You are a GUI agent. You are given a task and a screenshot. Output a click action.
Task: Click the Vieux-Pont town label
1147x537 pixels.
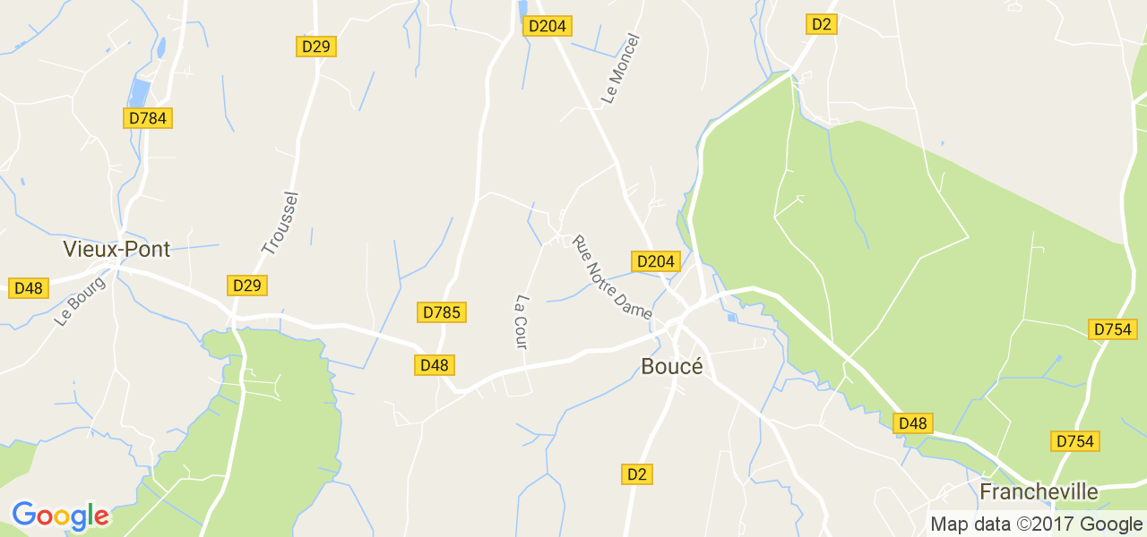(x=116, y=249)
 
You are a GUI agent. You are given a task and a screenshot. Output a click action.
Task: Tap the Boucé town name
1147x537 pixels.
(x=672, y=366)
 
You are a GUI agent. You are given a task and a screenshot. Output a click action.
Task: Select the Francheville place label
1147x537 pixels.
(x=1039, y=491)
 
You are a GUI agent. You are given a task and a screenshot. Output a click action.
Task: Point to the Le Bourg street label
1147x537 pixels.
(x=80, y=301)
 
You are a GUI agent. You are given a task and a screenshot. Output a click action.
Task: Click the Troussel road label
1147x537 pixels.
(x=280, y=224)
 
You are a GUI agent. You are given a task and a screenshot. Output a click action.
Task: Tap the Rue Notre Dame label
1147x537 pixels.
(x=612, y=277)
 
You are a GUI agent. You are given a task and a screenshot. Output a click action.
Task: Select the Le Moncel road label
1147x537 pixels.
(x=621, y=69)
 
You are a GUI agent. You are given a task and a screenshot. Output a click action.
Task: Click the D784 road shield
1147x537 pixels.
(x=146, y=117)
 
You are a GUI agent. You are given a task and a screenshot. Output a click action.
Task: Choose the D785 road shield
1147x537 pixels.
(x=441, y=312)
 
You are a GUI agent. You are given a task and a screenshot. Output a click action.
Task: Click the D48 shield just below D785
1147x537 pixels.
(x=434, y=364)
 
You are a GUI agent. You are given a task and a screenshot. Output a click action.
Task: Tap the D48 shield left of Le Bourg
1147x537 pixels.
(x=28, y=288)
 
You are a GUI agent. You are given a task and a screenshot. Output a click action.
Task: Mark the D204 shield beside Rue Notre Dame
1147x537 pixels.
(x=655, y=261)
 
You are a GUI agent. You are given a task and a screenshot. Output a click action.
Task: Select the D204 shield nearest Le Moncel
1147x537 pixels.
(x=547, y=26)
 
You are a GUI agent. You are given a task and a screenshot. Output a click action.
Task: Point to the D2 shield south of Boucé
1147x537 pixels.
(x=637, y=474)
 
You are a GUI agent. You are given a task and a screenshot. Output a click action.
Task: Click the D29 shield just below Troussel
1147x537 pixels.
(x=246, y=286)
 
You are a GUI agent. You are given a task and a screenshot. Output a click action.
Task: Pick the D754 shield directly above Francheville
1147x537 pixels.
(x=1075, y=441)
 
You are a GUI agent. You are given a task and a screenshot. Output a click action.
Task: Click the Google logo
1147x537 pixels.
(x=60, y=516)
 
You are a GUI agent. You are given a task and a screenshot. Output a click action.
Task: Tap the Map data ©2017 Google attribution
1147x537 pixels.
(x=1036, y=524)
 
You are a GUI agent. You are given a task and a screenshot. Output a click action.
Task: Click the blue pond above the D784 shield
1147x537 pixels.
(x=141, y=92)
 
